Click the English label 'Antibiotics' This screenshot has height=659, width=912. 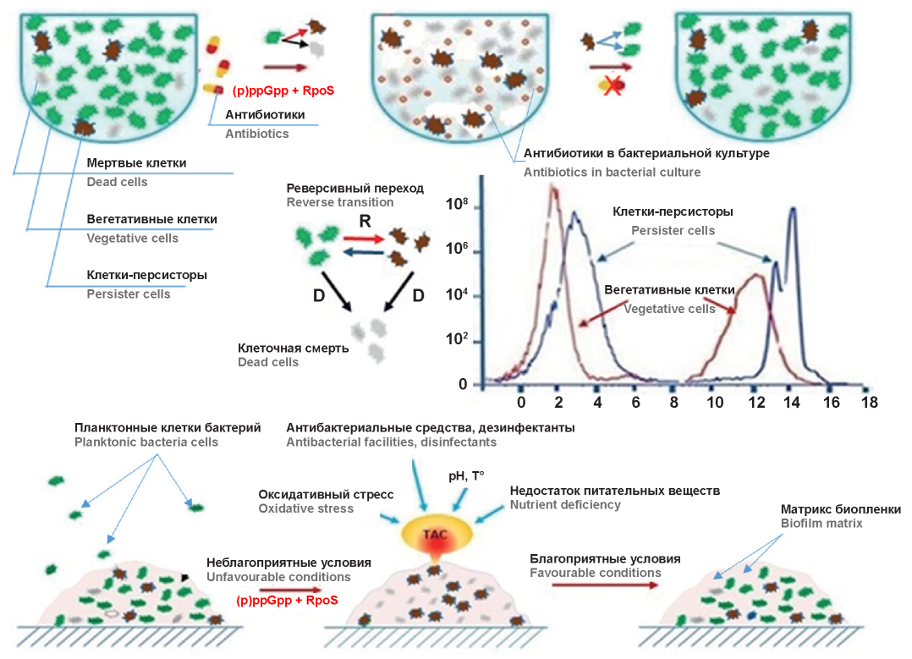point(256,134)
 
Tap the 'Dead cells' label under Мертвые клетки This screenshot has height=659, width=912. point(117,182)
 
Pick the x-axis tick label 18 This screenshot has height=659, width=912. point(869,404)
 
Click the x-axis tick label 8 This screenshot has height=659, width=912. point(673,404)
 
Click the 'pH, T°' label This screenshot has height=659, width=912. point(466,476)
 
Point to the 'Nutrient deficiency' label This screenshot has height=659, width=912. point(565,505)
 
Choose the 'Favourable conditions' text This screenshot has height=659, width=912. point(596,573)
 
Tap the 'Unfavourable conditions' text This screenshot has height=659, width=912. point(278,577)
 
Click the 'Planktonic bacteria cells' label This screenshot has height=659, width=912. point(146,442)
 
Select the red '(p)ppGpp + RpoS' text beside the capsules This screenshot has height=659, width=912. point(283,91)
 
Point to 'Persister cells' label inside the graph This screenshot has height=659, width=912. point(673,230)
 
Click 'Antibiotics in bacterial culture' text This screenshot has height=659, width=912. point(612,173)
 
